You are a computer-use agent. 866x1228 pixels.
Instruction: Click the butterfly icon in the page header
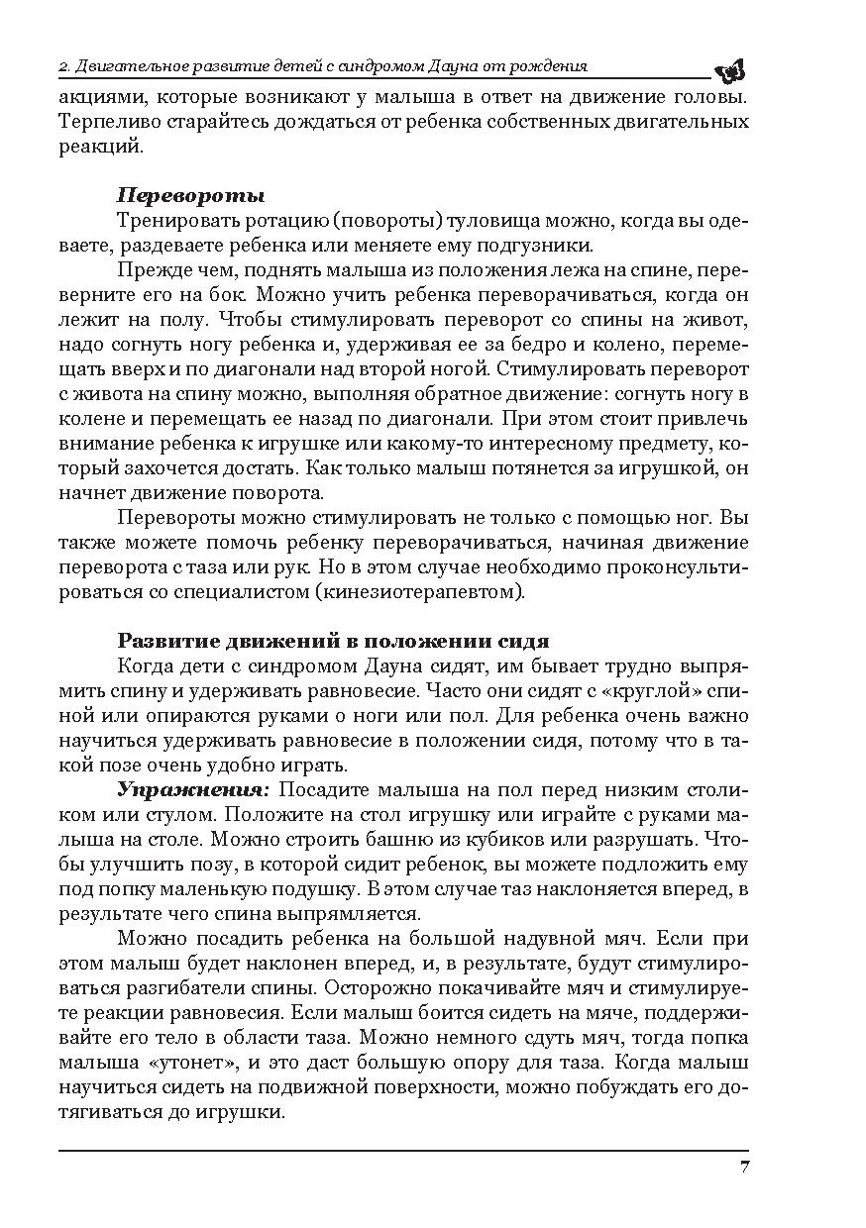click(x=730, y=69)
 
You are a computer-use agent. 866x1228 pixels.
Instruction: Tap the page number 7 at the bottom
click(x=743, y=1166)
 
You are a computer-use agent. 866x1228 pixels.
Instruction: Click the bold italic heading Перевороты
click(x=190, y=195)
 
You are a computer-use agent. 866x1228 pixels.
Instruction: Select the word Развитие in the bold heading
click(x=163, y=640)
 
